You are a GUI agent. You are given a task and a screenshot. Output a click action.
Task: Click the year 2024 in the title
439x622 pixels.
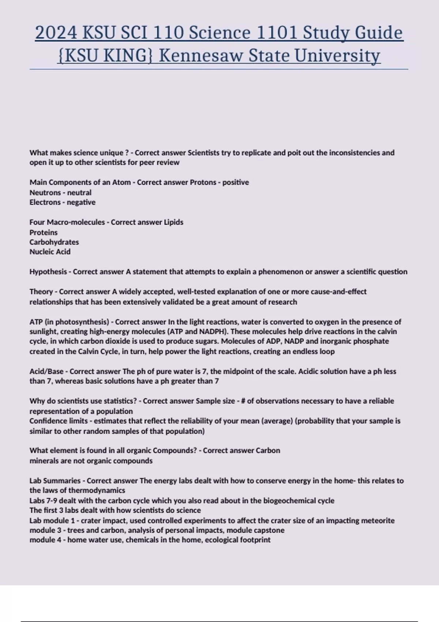[56, 33]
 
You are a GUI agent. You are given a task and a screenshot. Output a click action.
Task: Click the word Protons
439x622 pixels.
[203, 182]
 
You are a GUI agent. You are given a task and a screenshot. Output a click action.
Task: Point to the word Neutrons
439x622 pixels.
[45, 192]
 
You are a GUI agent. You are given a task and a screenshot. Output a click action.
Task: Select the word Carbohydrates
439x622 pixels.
[54, 242]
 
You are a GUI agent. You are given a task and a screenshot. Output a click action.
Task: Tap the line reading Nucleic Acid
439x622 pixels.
[50, 252]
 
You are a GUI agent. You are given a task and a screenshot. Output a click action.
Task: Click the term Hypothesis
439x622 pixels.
[48, 272]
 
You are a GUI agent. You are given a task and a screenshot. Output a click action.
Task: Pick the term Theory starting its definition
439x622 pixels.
[41, 292]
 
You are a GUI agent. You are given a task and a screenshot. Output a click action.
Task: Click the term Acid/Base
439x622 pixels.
[46, 371]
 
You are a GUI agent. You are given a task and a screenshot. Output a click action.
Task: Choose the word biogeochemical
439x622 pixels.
[289, 501]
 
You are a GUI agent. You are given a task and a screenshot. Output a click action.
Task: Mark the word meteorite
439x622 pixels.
[378, 520]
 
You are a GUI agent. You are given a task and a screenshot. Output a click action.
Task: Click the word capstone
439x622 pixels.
[269, 530]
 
